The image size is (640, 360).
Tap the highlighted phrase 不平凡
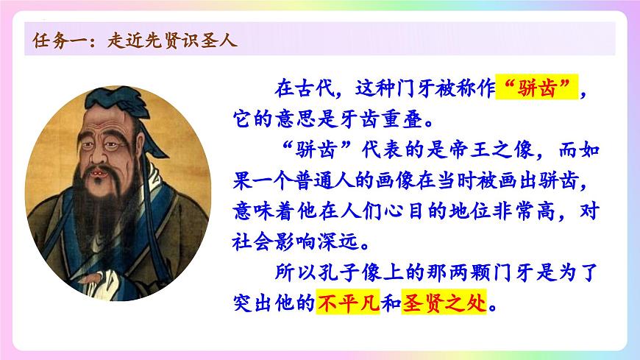pyautogui.click(x=346, y=302)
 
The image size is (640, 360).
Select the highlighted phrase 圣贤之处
pyautogui.click(x=444, y=302)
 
